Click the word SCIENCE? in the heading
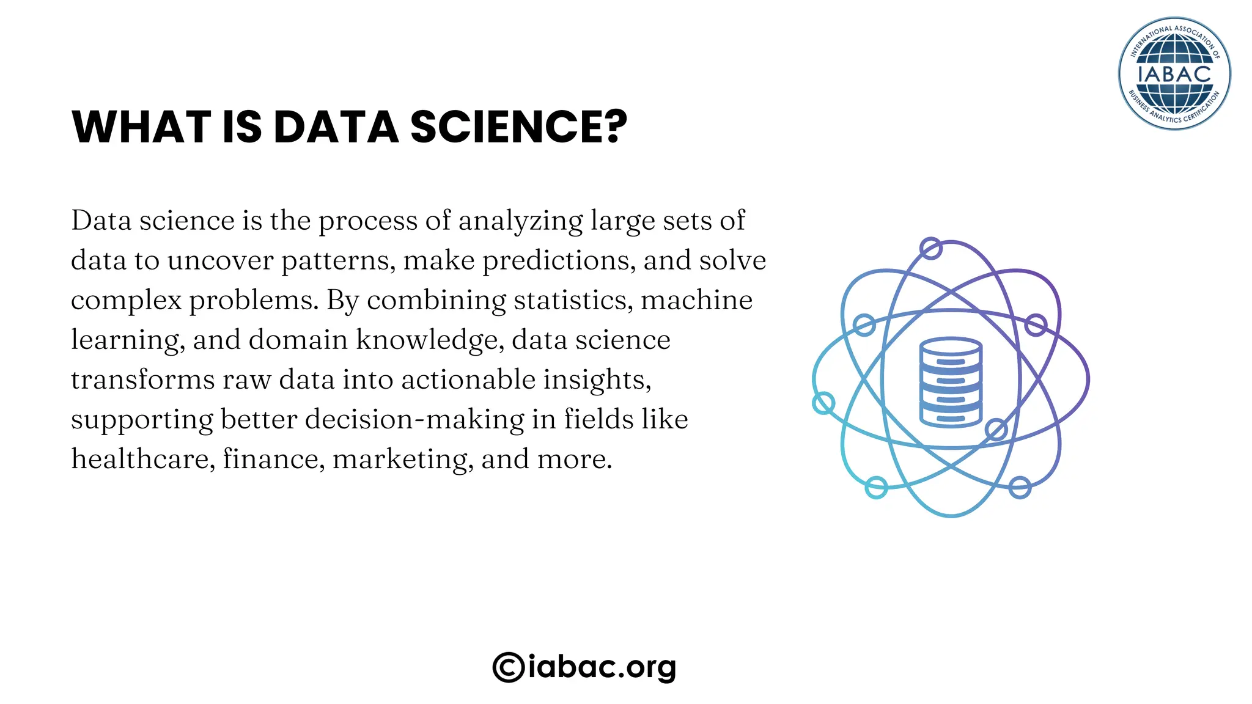(518, 127)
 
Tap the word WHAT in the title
(141, 127)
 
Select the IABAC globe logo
(1174, 73)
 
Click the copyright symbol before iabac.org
(508, 667)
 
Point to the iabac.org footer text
(602, 667)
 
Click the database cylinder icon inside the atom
(951, 381)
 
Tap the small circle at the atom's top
(930, 249)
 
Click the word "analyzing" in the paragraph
(520, 221)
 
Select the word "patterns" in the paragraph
(338, 261)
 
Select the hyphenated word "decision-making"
(414, 420)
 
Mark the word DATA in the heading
(336, 127)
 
